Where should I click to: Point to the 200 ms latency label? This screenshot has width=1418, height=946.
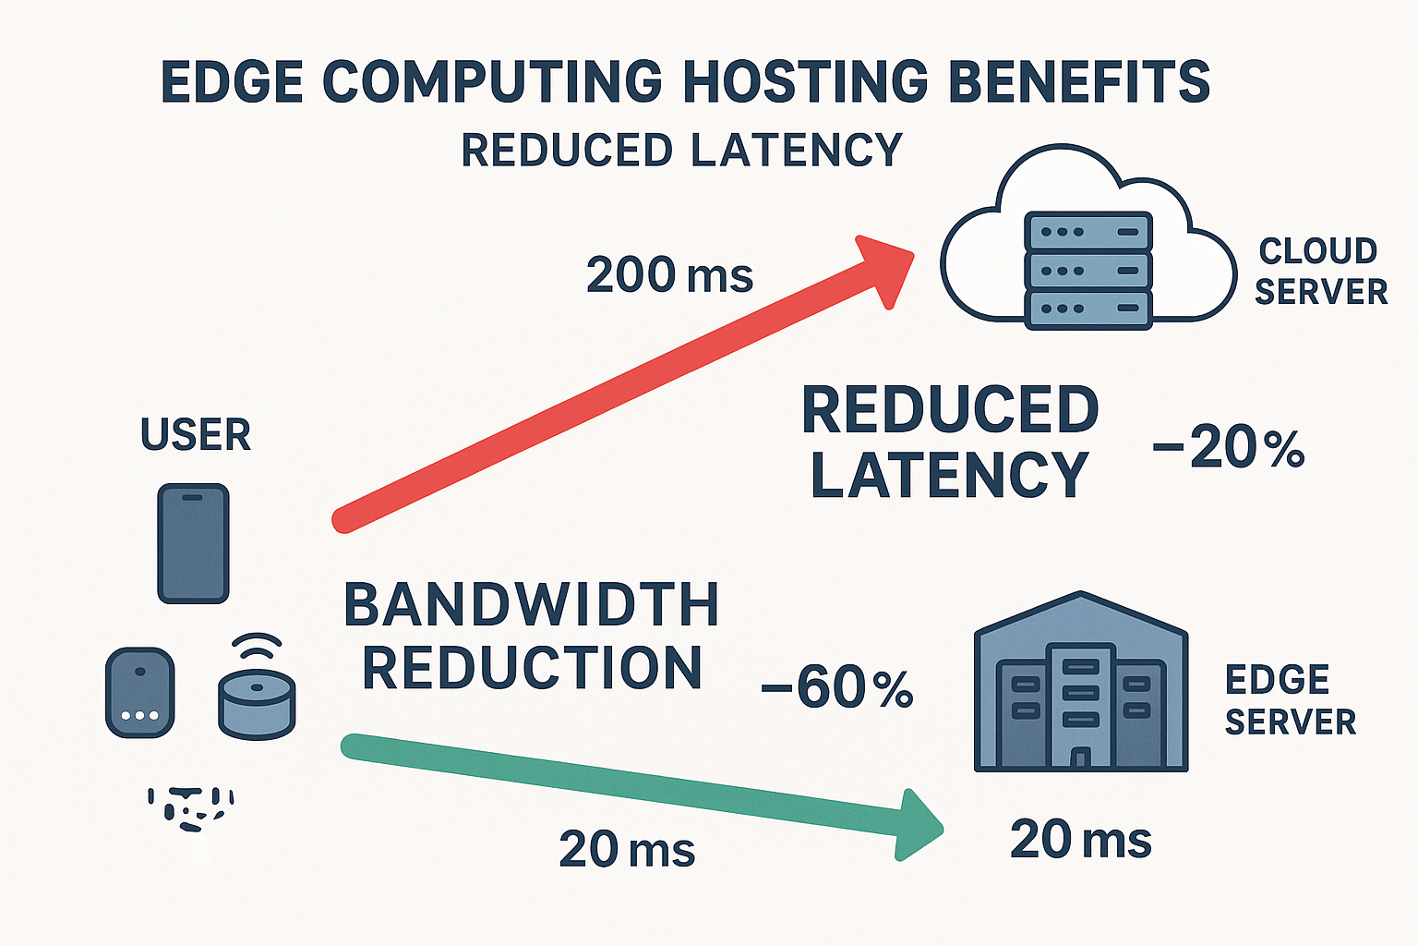pos(669,275)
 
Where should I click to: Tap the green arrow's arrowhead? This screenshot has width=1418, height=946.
pos(918,825)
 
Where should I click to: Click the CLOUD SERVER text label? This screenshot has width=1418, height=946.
pos(1320,271)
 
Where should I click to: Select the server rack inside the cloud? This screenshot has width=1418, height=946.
pos(1088,270)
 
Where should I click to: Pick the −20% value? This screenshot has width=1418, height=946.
pos(1229,448)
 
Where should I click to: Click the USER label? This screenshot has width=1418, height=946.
pos(196,435)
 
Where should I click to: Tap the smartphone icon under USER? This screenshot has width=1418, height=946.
pos(193,543)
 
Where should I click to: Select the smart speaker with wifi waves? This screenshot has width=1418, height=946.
pos(257,693)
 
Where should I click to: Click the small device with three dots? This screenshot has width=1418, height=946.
pos(139,692)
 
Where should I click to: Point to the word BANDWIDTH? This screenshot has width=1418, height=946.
pos(531,605)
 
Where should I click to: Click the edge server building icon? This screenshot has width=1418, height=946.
pos(1081,684)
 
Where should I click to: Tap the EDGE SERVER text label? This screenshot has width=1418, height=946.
pos(1290,700)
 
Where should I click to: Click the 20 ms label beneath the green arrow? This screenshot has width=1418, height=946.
pos(627,849)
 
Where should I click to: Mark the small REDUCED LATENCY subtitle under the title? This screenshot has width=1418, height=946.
pos(681,151)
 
